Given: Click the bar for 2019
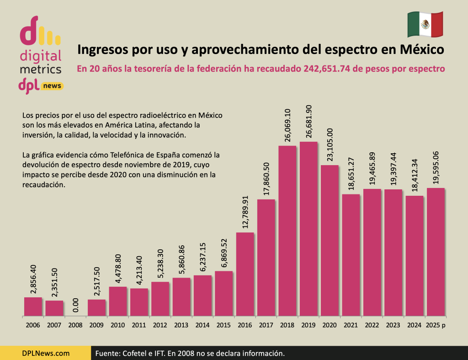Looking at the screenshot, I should [x=308, y=229].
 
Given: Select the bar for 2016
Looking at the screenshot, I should [x=245, y=274].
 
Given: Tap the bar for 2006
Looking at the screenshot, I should [x=33, y=306].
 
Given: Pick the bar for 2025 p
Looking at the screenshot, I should [x=435, y=252].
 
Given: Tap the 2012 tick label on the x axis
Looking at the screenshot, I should [x=160, y=325].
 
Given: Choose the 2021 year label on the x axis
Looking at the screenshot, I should [x=351, y=325].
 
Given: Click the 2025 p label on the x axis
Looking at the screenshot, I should [x=436, y=325].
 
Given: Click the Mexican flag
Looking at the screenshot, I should [x=425, y=25].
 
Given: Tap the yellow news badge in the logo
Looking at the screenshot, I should [x=52, y=86].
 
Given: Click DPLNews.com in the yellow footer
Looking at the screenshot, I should [x=46, y=353].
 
